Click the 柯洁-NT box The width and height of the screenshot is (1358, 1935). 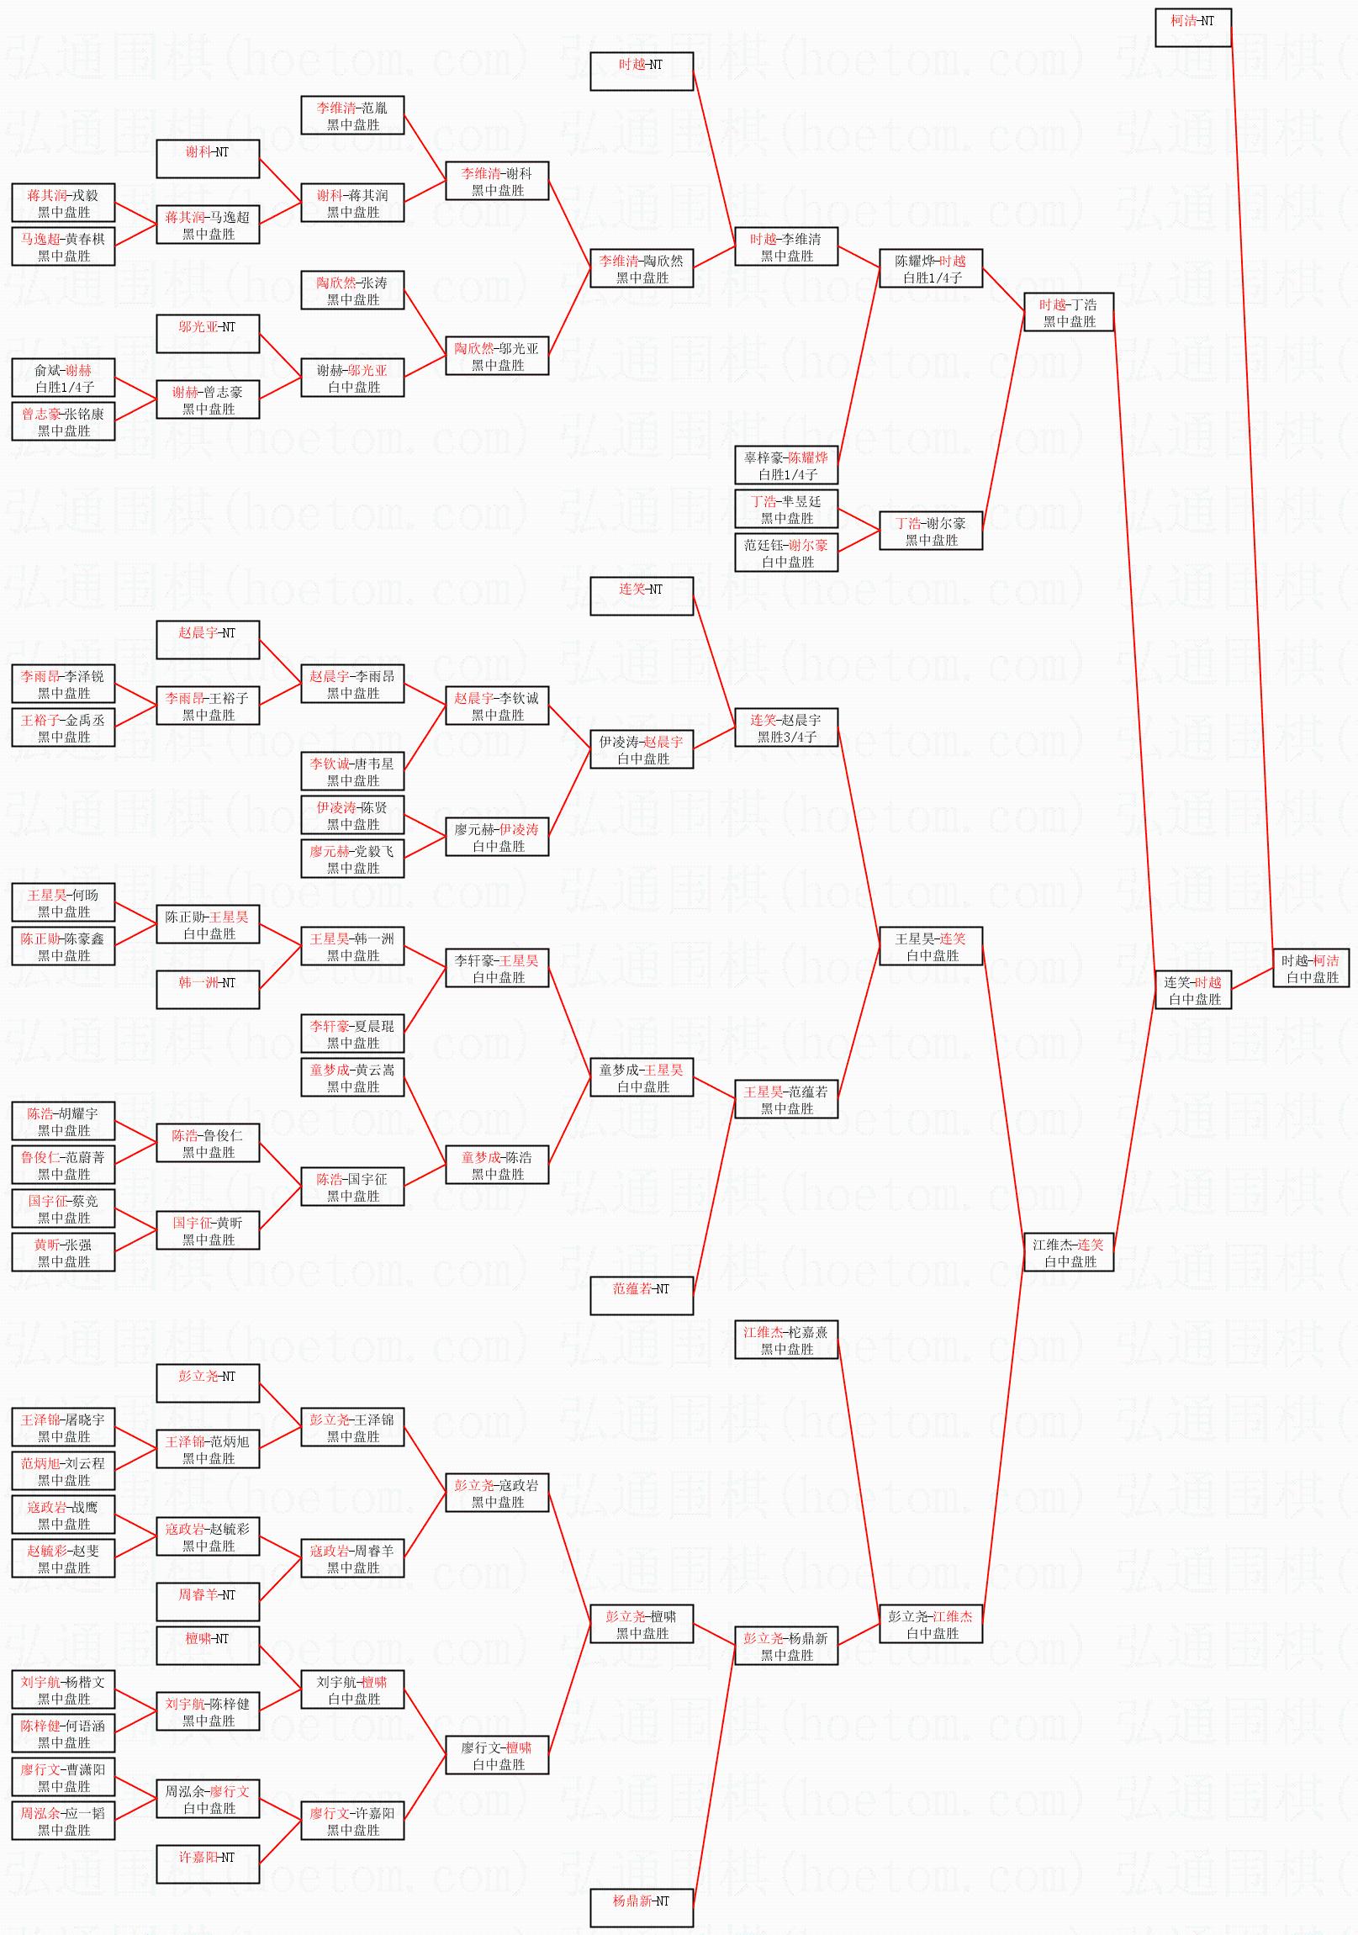coord(1193,28)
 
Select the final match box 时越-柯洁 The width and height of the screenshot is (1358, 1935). coord(1311,969)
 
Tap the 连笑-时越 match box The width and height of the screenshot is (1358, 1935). coord(1193,991)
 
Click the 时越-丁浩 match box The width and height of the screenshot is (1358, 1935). coord(1069,313)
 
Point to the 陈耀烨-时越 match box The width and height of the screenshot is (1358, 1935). coord(931,269)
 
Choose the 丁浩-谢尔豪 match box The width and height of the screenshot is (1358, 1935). coord(931,531)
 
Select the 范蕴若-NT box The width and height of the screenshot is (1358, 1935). coord(642,1296)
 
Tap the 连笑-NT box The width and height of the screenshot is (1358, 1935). coord(642,597)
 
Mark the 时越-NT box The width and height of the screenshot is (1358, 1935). coord(642,71)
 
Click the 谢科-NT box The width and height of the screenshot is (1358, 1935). coord(208,159)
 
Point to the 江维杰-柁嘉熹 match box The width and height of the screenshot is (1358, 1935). coord(786,1340)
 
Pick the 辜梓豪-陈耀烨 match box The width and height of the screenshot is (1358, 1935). coord(786,465)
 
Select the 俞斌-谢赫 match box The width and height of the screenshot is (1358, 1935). coord(63,378)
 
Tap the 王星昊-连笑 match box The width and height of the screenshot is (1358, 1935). coord(931,946)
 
